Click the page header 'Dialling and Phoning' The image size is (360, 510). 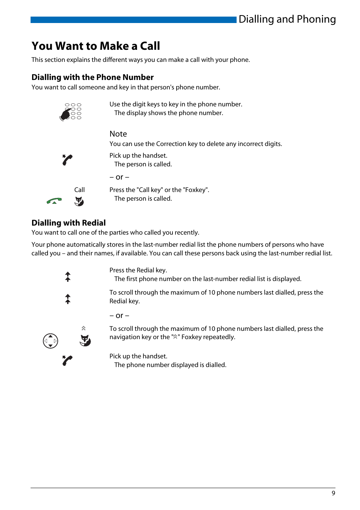tap(287, 19)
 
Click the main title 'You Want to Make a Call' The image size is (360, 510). tap(96, 46)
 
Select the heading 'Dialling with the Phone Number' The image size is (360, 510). tap(92, 77)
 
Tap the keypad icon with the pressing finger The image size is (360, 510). tap(71, 112)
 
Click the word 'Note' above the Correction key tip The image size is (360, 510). tap(118, 134)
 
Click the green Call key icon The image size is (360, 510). tap(54, 201)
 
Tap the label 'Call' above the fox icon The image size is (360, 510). tap(79, 190)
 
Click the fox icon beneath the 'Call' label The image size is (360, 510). tap(79, 201)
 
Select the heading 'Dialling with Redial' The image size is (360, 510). tap(69, 223)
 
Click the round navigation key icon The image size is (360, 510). tap(51, 341)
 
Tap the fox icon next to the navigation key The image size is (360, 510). tap(85, 340)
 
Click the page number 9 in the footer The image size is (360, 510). tap(333, 493)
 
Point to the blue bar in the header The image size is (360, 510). tap(133, 20)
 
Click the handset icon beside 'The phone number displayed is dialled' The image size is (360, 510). tap(67, 361)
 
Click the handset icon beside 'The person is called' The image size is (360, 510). tap(67, 160)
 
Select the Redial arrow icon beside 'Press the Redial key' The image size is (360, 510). tap(68, 277)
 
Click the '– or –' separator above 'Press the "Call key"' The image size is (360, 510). tap(119, 177)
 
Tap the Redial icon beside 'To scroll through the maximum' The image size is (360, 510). tap(68, 299)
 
